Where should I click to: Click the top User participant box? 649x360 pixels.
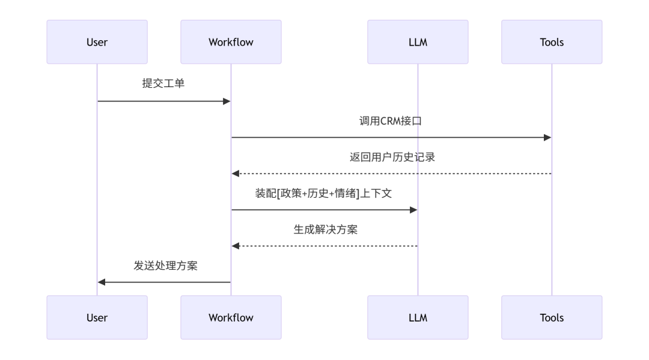[x=97, y=42]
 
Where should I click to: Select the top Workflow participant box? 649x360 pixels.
[x=231, y=42]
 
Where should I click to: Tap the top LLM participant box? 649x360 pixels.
[x=418, y=42]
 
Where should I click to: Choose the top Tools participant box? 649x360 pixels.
[x=552, y=42]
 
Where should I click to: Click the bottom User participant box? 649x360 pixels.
[x=97, y=317]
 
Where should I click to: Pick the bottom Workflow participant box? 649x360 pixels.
[x=231, y=317]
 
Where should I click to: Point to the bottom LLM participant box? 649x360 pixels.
[x=418, y=317]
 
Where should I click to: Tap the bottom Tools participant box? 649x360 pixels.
[x=552, y=317]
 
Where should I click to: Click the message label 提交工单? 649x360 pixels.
[x=163, y=84]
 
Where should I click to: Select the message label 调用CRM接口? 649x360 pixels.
[x=391, y=120]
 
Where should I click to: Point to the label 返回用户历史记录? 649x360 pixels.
[x=391, y=157]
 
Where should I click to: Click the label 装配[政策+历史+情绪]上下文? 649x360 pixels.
[x=324, y=193]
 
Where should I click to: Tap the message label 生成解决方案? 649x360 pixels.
[x=324, y=229]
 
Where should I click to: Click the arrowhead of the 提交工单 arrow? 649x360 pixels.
[x=227, y=102]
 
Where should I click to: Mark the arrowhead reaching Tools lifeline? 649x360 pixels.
[x=547, y=138]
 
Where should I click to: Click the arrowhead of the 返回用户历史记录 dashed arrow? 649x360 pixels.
[x=236, y=174]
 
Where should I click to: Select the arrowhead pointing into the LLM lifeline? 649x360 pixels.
[x=413, y=210]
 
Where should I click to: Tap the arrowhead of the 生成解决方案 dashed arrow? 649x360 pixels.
[x=236, y=246]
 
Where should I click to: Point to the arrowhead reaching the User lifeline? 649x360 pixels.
[x=102, y=282]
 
